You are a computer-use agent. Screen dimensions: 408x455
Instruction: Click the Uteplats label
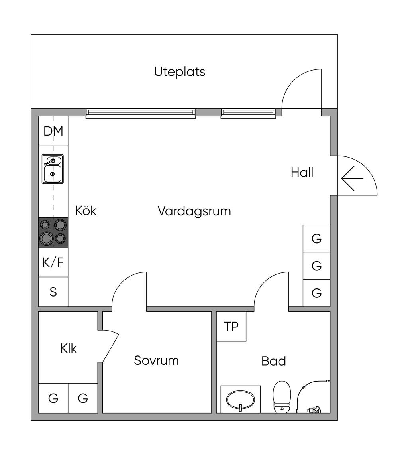180,72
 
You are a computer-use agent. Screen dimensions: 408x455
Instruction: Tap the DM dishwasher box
53,131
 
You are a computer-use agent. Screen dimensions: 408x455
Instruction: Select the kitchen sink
53,169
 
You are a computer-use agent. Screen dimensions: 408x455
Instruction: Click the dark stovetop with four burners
53,232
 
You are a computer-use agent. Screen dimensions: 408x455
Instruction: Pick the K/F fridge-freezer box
53,262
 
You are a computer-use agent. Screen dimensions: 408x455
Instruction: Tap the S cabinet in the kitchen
53,292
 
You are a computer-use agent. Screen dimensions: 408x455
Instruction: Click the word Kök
86,211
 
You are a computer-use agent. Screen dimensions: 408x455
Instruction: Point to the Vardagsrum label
194,211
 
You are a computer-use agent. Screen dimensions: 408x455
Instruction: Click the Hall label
302,172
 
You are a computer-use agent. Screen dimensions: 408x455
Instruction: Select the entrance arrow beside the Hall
352,179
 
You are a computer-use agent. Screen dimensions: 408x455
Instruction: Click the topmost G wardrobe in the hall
317,238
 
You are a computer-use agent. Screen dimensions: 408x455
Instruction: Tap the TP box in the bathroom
231,327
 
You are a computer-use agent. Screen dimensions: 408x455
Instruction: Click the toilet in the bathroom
282,397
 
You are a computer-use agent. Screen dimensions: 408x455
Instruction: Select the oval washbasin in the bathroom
240,400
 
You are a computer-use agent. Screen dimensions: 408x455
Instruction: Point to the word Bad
273,361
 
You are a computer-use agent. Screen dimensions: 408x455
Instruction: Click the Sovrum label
156,360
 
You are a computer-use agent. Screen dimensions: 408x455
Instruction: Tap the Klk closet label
69,348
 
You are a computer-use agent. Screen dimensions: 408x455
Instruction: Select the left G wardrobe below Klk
53,398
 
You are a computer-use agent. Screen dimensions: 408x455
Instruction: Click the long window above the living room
141,114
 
